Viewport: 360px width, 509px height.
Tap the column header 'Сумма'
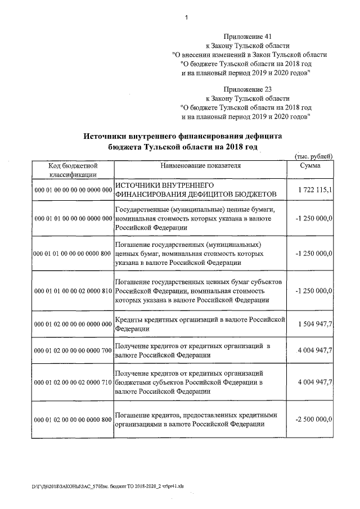pyautogui.click(x=310, y=166)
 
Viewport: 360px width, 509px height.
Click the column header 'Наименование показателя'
pyautogui.click(x=200, y=166)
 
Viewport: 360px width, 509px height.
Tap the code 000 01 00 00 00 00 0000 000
pyautogui.click(x=73, y=190)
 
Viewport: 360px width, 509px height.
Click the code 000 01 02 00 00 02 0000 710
pyautogui.click(x=73, y=382)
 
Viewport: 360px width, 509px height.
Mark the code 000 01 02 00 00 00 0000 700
pyautogui.click(x=73, y=350)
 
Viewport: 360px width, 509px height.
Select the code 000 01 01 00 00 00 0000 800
pyautogui.click(x=73, y=254)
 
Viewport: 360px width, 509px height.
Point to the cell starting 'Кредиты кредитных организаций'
pyautogui.click(x=197, y=324)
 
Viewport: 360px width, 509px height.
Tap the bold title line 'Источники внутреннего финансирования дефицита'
pyautogui.click(x=182, y=136)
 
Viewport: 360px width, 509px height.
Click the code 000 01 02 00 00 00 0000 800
pyautogui.click(x=73, y=420)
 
